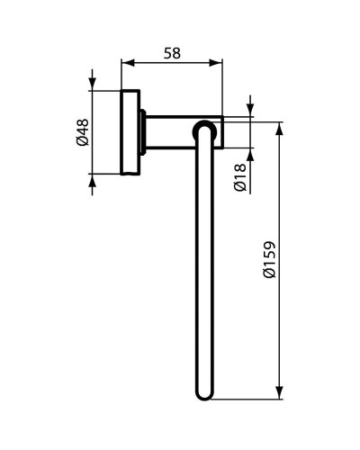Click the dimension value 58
click(x=171, y=52)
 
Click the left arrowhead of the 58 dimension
click(x=126, y=63)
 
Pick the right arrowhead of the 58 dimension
click(x=218, y=63)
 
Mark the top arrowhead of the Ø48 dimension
click(x=93, y=84)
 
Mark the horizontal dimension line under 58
click(x=171, y=63)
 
